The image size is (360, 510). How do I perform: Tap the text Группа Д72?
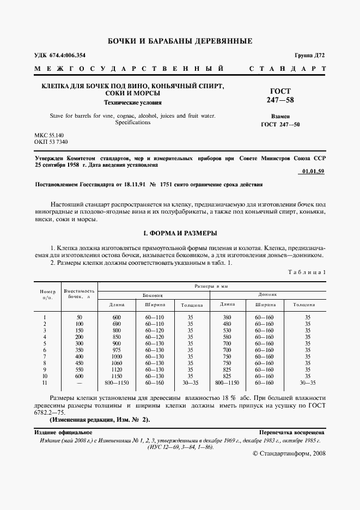coord(309,56)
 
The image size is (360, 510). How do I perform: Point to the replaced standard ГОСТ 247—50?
coord(280,124)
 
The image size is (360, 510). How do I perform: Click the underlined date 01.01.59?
coord(312,172)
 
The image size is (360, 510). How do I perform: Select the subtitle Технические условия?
coord(133,102)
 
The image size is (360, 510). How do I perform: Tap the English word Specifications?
coord(132,123)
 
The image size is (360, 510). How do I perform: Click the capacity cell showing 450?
coord(79,363)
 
